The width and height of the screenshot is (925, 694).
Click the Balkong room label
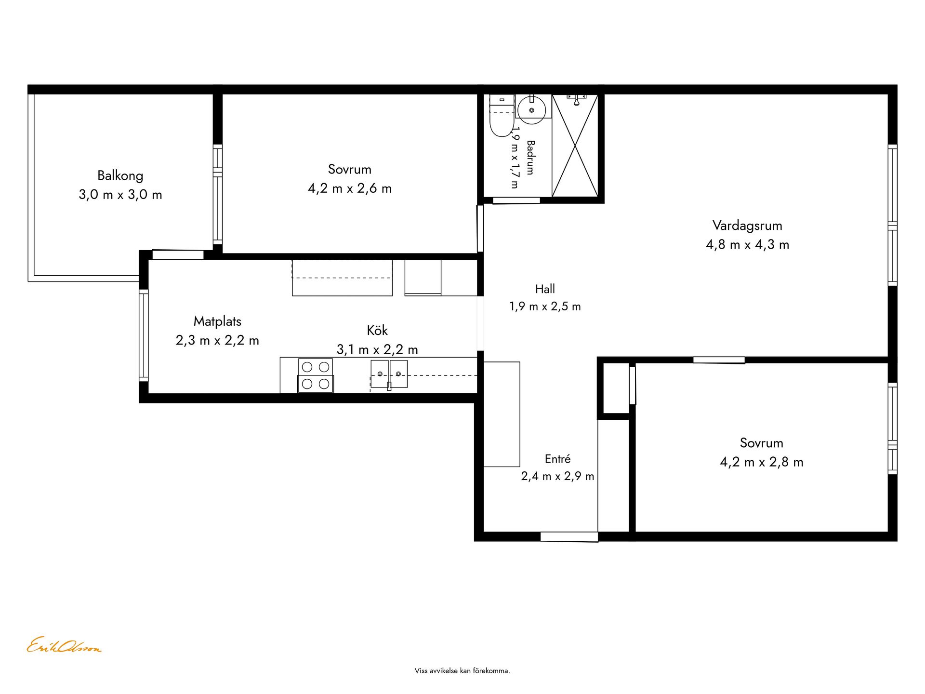(120, 176)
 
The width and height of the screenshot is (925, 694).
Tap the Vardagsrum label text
(747, 226)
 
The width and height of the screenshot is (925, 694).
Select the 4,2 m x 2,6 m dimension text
(350, 188)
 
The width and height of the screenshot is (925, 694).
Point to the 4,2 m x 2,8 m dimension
(762, 462)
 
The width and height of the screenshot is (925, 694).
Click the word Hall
(545, 289)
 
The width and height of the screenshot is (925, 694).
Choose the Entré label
(557, 459)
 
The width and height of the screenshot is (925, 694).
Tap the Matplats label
(217, 321)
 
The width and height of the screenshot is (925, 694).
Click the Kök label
(377, 331)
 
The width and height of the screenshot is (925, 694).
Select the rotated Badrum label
(530, 157)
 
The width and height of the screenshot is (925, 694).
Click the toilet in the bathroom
(502, 116)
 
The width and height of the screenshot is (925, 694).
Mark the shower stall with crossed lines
(575, 146)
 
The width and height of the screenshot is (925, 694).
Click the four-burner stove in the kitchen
(316, 375)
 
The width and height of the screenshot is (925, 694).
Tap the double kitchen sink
(389, 374)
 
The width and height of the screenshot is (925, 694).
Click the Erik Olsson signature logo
(64, 645)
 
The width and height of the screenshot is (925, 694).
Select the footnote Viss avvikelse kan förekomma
(462, 671)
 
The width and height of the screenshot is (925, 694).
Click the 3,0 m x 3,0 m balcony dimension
(120, 195)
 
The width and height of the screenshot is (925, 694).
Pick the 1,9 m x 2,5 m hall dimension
(545, 307)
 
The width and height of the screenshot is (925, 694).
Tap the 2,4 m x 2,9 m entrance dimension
(557, 477)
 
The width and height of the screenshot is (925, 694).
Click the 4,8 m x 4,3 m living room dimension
(747, 245)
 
